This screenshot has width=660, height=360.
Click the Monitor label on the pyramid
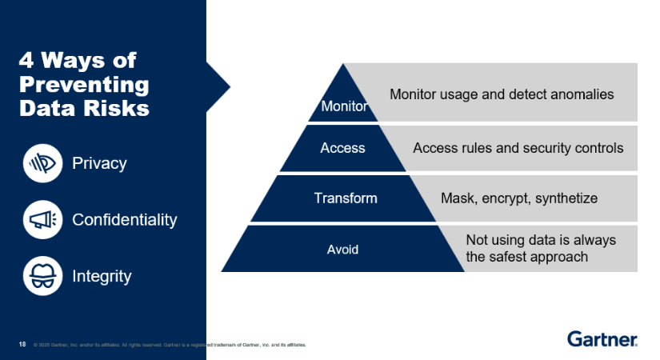click(344, 106)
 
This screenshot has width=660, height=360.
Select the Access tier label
click(342, 148)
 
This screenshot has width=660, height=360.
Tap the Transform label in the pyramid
click(345, 198)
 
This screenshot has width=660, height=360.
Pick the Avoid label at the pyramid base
click(342, 249)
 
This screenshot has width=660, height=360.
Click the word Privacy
click(99, 163)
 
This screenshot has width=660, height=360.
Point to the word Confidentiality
click(125, 219)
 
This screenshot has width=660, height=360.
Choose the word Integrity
click(102, 276)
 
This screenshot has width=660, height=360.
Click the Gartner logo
click(602, 339)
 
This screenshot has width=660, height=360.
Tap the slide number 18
click(22, 345)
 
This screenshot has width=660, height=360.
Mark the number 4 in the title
click(26, 61)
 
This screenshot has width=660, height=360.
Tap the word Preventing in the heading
click(84, 85)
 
